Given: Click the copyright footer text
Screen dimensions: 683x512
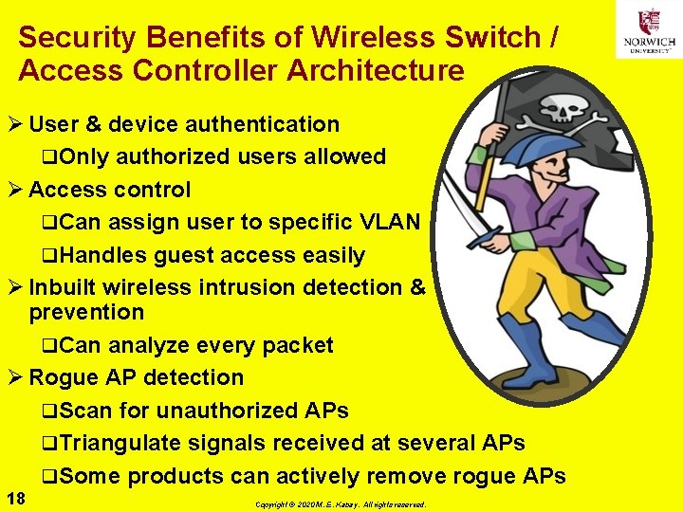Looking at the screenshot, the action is [x=341, y=504].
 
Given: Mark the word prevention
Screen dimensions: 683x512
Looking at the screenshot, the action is [x=86, y=312].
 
